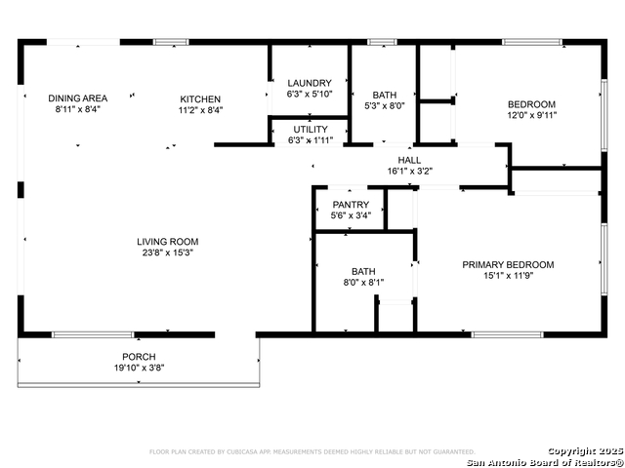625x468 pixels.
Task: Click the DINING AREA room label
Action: (x=78, y=97)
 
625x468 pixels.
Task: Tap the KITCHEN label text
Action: (x=200, y=98)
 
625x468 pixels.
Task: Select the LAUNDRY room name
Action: (x=310, y=83)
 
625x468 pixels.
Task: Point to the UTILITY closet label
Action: (x=311, y=129)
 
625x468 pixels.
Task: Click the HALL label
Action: (x=409, y=160)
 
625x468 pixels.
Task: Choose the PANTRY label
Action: (x=350, y=205)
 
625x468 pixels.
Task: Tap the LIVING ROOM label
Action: (x=167, y=242)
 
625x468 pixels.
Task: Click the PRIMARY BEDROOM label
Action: (x=508, y=264)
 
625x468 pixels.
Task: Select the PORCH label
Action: (x=139, y=357)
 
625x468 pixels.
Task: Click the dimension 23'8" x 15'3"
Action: (x=167, y=253)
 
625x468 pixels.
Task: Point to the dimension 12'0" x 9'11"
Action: (x=531, y=115)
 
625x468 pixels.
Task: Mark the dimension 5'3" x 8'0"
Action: (x=384, y=105)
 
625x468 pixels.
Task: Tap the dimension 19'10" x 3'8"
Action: (x=139, y=368)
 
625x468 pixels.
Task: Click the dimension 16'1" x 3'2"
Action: (x=409, y=171)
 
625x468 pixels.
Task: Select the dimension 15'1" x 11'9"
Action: (x=508, y=275)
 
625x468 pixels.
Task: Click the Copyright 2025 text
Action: (x=583, y=450)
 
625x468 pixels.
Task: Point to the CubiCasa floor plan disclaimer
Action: (x=312, y=451)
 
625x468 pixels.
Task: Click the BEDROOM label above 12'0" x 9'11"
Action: (x=531, y=104)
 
